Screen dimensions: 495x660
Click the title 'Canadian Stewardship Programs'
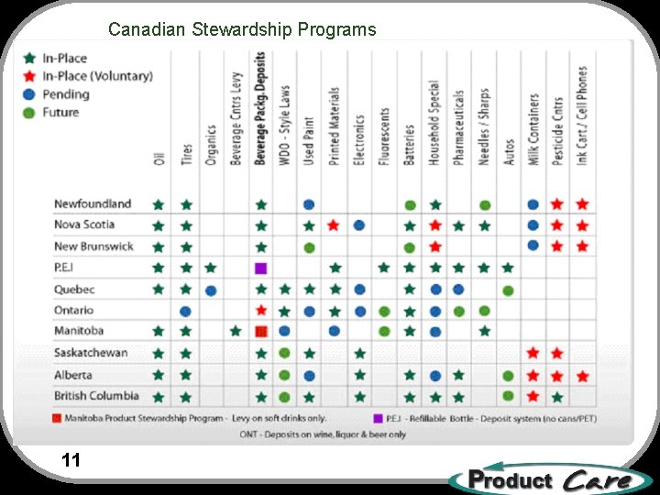tap(242, 29)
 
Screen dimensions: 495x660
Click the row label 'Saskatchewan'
tap(91, 353)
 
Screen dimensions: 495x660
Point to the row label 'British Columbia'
tap(96, 396)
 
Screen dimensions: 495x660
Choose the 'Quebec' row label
tap(74, 289)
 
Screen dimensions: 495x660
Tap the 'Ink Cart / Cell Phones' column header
tap(582, 115)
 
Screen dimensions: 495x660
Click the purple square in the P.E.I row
tap(261, 269)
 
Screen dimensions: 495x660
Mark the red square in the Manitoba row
tap(261, 331)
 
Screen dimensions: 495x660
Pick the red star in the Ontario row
tap(261, 311)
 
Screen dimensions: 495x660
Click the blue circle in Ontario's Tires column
tap(186, 312)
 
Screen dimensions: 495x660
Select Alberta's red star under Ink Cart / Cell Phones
tap(582, 376)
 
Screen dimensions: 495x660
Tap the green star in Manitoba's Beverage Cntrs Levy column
tap(236, 331)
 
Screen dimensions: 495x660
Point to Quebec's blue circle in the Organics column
tap(211, 291)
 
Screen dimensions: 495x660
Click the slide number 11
tap(71, 460)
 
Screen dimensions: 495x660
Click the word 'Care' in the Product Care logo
tap(597, 479)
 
